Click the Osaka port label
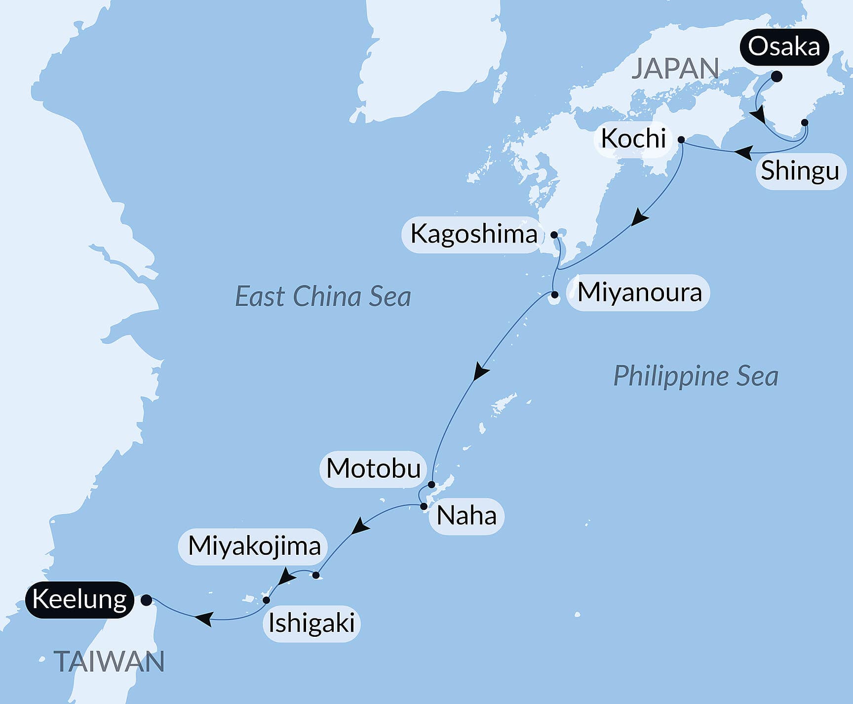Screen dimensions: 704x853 [x=784, y=47]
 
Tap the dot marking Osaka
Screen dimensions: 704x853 [x=776, y=77]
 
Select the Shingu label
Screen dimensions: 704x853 [x=800, y=171]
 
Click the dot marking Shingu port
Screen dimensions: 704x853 [x=805, y=122]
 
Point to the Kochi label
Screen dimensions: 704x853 [x=633, y=138]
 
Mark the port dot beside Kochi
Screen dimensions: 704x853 [x=681, y=140]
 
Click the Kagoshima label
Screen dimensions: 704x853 [x=473, y=234]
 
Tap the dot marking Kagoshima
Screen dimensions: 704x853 [x=554, y=234]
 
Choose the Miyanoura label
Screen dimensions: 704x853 [x=639, y=292]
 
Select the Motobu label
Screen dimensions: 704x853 [x=373, y=468]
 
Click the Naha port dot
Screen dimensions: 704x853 [x=424, y=506]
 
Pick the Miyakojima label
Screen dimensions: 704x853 [x=254, y=546]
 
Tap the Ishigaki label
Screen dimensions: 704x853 [x=311, y=623]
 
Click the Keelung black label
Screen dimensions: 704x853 [x=79, y=600]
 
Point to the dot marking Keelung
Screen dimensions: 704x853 [x=147, y=600]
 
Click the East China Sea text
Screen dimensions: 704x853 [x=323, y=296]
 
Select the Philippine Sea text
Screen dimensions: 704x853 [x=696, y=376]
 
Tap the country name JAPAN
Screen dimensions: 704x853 [x=675, y=69]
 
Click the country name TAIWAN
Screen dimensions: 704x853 [x=109, y=662]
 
